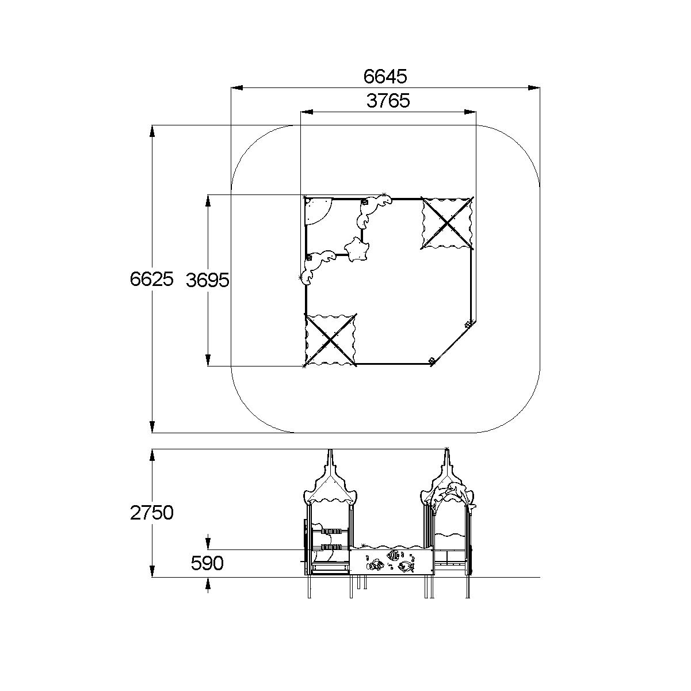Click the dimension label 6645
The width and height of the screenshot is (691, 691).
(x=385, y=77)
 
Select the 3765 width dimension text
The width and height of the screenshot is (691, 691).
(x=388, y=101)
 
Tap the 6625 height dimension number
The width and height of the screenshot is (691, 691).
(x=152, y=278)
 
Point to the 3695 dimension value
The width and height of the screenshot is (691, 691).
(x=207, y=280)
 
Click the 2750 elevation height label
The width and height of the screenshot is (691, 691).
(x=152, y=513)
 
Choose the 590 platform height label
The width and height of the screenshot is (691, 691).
(x=207, y=563)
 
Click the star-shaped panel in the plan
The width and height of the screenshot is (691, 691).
(x=357, y=249)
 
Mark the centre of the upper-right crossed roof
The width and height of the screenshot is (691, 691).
(x=447, y=223)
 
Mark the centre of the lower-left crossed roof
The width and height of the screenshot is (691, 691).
(x=330, y=339)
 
